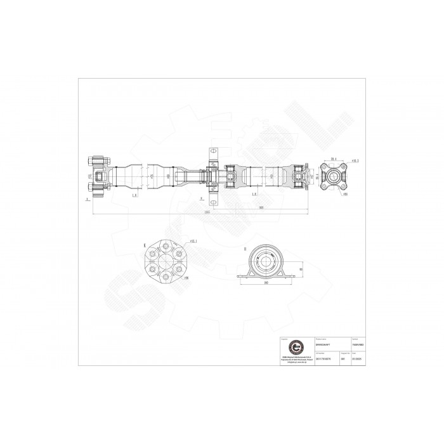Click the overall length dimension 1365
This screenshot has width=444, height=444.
(207, 212)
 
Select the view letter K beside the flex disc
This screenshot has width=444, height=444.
(145, 244)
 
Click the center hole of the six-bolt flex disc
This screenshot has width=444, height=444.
(167, 259)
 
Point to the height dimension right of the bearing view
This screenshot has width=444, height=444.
(300, 268)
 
